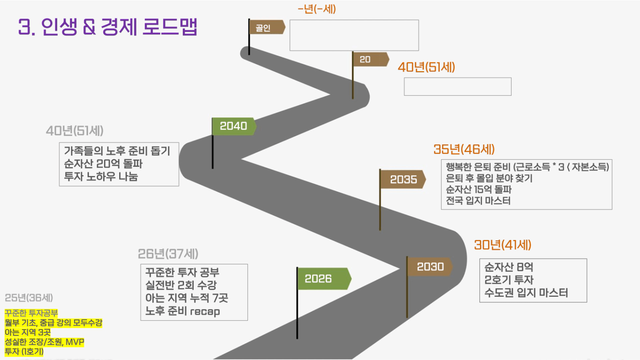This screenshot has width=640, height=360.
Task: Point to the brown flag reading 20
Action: (371, 59)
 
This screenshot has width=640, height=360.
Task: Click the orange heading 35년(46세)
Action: (464, 149)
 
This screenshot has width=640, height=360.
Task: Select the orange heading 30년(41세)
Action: (503, 245)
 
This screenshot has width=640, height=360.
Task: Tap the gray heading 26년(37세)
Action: (168, 254)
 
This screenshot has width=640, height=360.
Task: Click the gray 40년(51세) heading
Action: (75, 131)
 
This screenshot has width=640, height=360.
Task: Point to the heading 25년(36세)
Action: (29, 298)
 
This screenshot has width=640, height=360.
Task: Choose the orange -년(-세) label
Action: (317, 9)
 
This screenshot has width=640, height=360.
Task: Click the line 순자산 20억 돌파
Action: (103, 164)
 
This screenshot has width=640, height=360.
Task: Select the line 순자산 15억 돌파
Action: (479, 189)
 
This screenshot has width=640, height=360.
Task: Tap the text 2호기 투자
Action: (509, 280)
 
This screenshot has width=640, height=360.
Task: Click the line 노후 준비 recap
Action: (183, 311)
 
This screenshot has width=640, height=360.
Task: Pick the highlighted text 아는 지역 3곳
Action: (28, 332)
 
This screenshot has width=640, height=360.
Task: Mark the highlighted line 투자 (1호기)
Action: (24, 352)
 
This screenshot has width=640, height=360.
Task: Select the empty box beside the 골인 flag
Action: (354, 35)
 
